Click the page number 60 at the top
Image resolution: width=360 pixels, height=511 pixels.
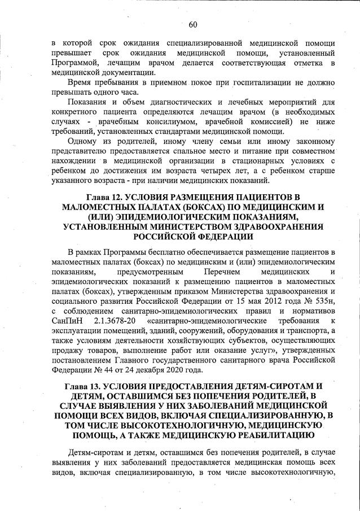192,24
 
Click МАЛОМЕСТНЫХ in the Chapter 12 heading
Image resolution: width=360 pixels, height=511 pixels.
99,207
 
